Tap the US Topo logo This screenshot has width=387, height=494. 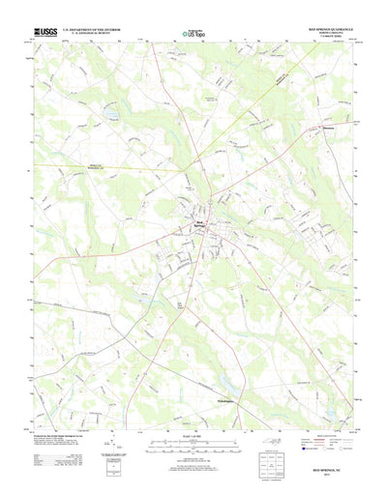pos(193,35)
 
